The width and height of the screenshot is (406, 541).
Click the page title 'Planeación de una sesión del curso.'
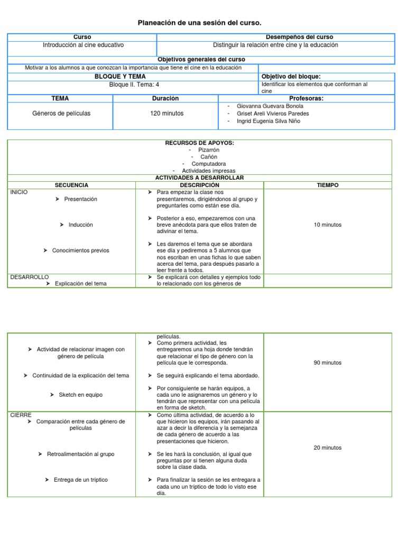[x=199, y=23]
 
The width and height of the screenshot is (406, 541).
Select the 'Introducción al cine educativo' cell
[x=83, y=45]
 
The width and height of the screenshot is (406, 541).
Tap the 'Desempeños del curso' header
[x=299, y=37]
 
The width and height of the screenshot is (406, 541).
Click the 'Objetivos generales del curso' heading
[x=201, y=60]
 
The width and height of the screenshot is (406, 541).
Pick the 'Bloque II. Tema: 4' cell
[x=134, y=84]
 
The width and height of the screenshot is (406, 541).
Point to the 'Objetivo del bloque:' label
[x=291, y=77]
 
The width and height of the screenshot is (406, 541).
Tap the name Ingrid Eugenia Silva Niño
[x=268, y=121]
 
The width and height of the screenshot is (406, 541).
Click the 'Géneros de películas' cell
[x=61, y=113]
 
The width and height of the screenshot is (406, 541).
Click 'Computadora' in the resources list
[x=208, y=164]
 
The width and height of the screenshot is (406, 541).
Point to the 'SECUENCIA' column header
[x=72, y=185]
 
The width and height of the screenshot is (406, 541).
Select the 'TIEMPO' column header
[x=328, y=185]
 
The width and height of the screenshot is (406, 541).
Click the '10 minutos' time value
[x=328, y=225]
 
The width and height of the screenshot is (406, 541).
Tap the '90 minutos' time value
[x=328, y=363]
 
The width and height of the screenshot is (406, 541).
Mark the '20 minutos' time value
[x=328, y=447]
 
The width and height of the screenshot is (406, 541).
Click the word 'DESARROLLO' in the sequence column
[x=30, y=277]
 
